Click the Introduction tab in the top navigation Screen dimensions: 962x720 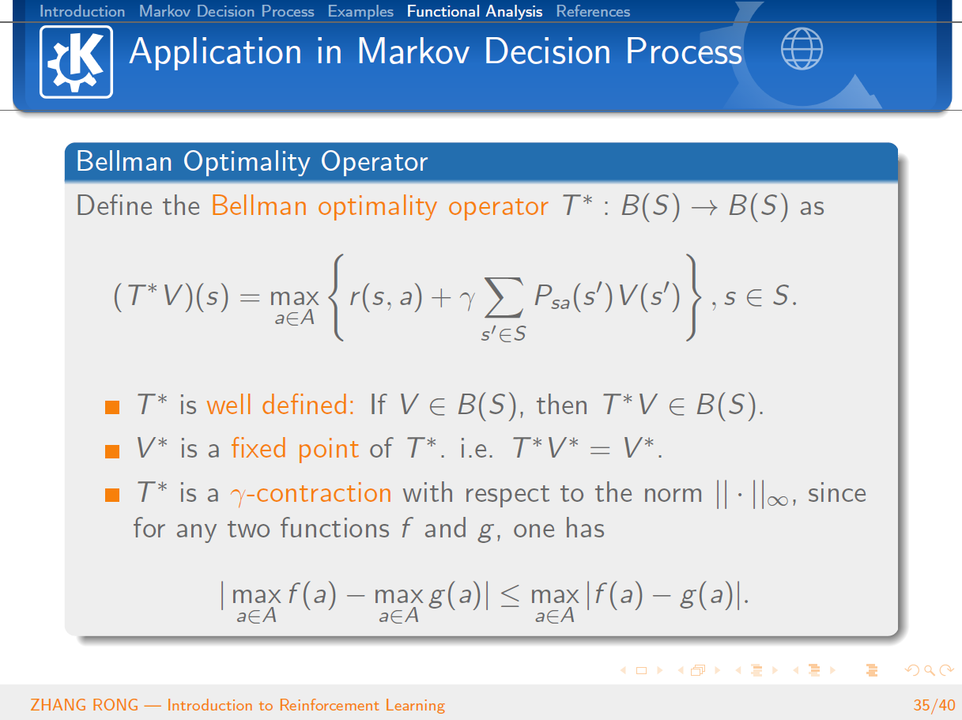tap(82, 11)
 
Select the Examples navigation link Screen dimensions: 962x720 tap(360, 11)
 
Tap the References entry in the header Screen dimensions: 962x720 tap(593, 11)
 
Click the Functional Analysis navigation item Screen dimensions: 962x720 tap(474, 11)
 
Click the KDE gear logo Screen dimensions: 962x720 tap(76, 62)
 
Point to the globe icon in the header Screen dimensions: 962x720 tap(802, 49)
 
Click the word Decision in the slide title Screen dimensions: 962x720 tap(547, 51)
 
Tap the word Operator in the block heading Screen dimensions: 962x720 tap(374, 162)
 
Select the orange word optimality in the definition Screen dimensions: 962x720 tap(377, 206)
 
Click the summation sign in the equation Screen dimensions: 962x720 tap(504, 297)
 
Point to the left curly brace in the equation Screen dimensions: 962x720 tap(336, 297)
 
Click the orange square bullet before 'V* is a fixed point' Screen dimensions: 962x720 tap(112, 451)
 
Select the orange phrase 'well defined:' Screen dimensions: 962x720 tap(281, 405)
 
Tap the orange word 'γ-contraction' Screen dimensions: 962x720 tap(311, 494)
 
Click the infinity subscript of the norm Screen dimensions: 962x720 tap(778, 501)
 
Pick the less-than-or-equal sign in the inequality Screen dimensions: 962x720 tap(510, 597)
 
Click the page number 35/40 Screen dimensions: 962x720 tap(934, 705)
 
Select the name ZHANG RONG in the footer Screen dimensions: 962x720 tap(84, 705)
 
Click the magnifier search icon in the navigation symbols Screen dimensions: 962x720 tap(929, 670)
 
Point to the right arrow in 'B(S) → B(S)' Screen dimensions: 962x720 tap(704, 208)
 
